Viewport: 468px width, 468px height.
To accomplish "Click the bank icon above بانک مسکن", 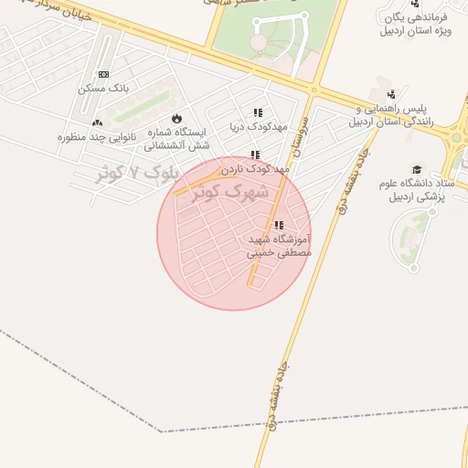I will click(x=103, y=74).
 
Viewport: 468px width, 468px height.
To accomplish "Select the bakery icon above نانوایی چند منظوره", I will click(x=98, y=122).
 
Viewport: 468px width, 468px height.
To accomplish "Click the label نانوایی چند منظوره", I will click(x=97, y=136).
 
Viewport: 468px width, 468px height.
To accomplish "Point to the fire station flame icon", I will click(x=175, y=119).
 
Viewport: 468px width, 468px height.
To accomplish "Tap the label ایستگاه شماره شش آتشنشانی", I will click(x=179, y=139).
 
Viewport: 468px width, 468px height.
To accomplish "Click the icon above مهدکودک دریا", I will click(x=257, y=113).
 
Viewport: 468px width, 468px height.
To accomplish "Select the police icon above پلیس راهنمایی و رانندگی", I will click(x=391, y=93).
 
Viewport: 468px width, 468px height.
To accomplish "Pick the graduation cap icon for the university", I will click(x=417, y=169).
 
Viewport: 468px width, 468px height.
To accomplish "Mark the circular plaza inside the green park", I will click(x=259, y=42).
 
